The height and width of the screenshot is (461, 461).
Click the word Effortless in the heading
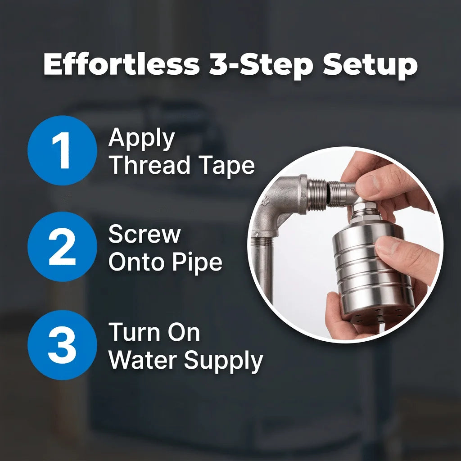(122, 64)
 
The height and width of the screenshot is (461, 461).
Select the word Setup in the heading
(370, 66)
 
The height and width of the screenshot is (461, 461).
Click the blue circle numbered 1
(62, 150)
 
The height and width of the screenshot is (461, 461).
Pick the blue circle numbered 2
(62, 246)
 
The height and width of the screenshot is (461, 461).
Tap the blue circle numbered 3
(62, 345)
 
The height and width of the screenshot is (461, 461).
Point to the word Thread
(149, 165)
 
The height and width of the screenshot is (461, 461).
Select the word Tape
(226, 167)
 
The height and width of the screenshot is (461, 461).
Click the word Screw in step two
(145, 234)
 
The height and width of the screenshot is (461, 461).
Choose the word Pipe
(197, 262)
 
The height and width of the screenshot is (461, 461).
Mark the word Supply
(223, 362)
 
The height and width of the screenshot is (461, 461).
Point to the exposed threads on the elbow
(317, 195)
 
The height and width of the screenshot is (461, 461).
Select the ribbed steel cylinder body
(372, 271)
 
